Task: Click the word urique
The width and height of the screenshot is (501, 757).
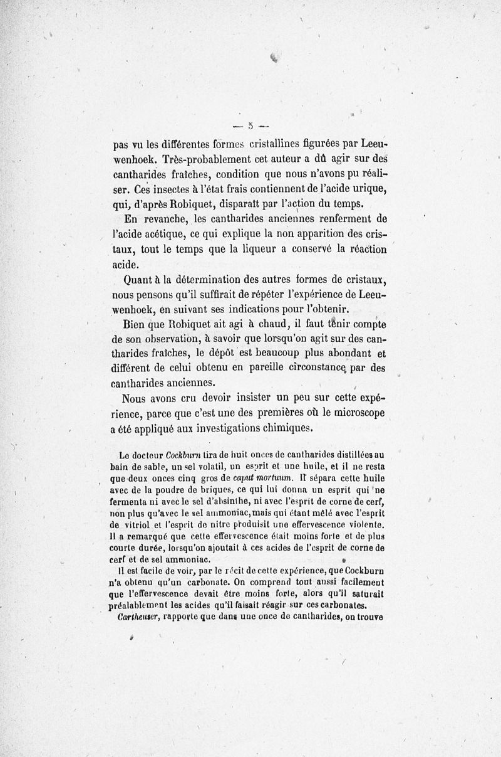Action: pyautogui.click(x=366, y=189)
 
